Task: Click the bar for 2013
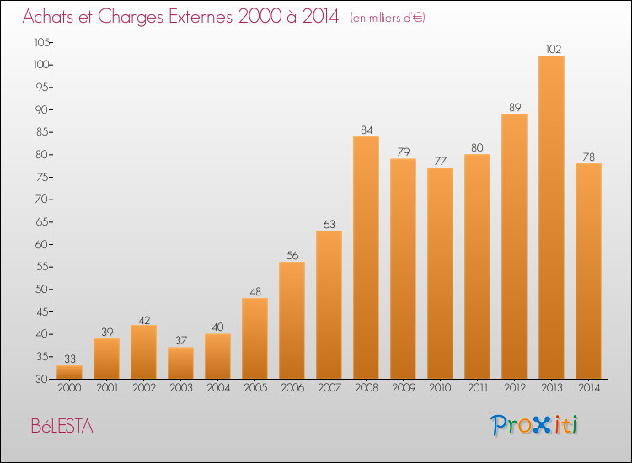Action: click(x=551, y=217)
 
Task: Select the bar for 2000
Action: click(x=69, y=372)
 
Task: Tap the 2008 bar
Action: click(x=366, y=258)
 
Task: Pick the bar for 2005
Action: click(x=254, y=338)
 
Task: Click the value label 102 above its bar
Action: click(x=554, y=49)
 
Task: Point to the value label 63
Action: click(x=329, y=224)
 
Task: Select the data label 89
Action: click(x=515, y=108)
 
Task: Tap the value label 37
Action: click(x=181, y=341)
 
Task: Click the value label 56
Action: click(x=292, y=256)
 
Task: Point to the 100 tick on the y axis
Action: click(x=41, y=65)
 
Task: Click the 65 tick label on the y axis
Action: click(x=42, y=222)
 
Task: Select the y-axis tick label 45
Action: click(x=42, y=312)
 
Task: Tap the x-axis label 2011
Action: click(x=478, y=388)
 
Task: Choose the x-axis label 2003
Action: click(x=181, y=388)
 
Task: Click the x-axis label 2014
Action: click(x=589, y=388)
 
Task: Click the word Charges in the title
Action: click(x=131, y=17)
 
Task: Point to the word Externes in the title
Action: click(x=201, y=16)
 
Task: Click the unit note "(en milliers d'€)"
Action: click(x=388, y=18)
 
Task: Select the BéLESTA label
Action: click(x=62, y=426)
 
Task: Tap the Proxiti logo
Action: click(x=534, y=425)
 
